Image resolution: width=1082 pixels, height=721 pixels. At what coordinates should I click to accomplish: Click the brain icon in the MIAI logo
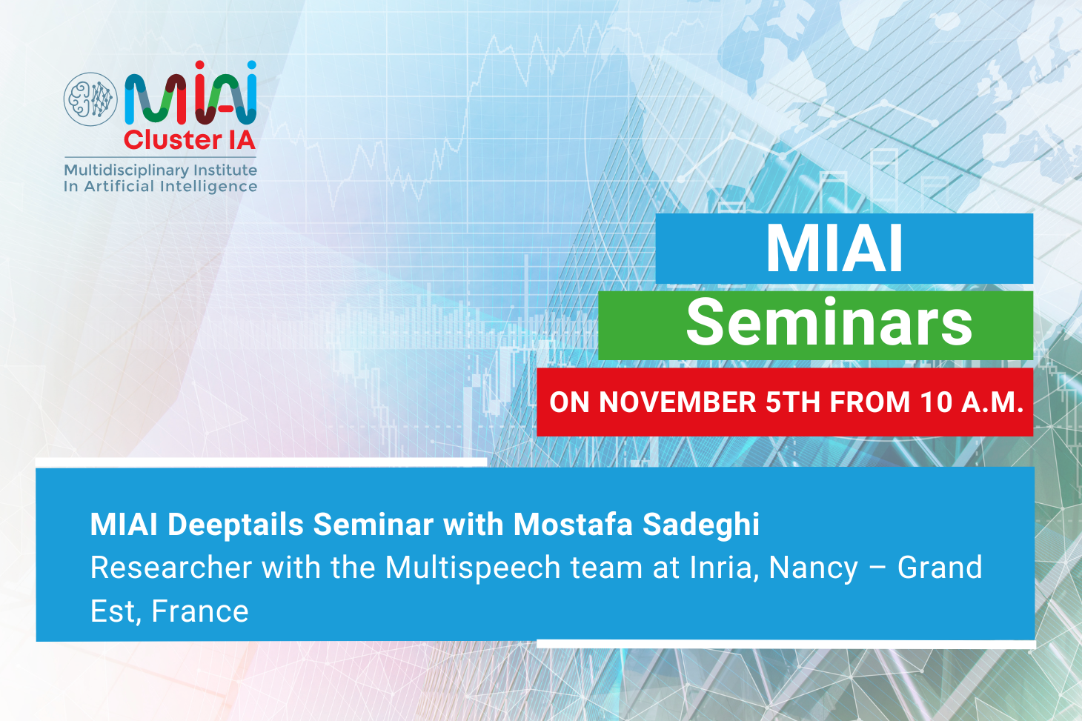[x=90, y=99]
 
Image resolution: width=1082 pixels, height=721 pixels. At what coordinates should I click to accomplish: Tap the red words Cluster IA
[x=190, y=140]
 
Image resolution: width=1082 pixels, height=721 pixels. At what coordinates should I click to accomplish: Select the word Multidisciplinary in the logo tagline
[x=127, y=170]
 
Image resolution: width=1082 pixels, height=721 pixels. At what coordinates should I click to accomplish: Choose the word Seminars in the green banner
[x=829, y=322]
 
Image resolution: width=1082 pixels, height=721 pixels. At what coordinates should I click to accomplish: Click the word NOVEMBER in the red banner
[x=677, y=402]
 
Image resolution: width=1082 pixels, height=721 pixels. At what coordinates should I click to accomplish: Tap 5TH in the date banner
[x=793, y=402]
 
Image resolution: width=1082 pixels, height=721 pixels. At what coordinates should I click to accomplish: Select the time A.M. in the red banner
[x=992, y=402]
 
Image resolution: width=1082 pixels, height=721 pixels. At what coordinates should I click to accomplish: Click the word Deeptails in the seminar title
[x=236, y=525]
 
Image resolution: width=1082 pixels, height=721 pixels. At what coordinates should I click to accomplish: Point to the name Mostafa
[x=573, y=524]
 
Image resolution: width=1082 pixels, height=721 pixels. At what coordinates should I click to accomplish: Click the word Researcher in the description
[x=171, y=567]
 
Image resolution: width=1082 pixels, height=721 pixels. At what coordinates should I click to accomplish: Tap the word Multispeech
[x=472, y=568]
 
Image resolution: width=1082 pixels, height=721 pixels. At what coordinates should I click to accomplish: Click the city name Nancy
[x=814, y=568]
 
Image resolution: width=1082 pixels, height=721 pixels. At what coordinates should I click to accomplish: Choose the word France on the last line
[x=200, y=611]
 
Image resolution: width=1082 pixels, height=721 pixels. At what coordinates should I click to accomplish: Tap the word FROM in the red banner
[x=870, y=402]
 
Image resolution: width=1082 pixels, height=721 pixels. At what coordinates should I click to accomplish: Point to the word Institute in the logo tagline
[x=225, y=170]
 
